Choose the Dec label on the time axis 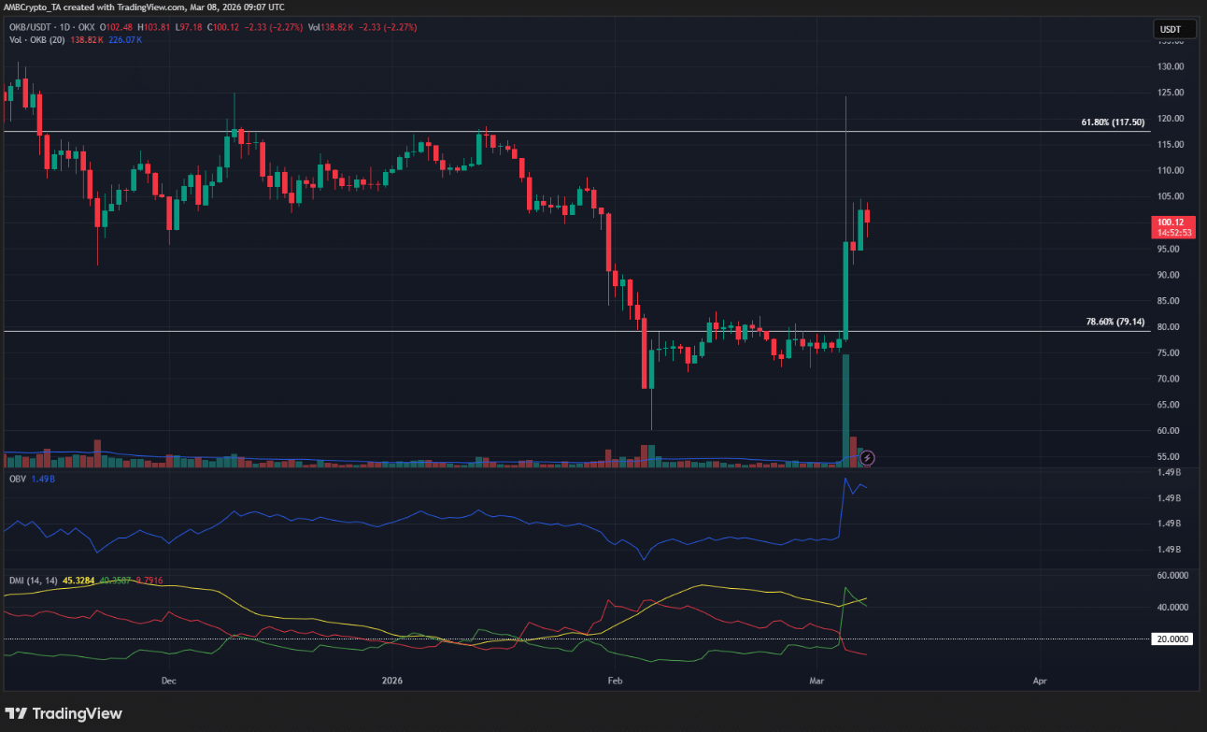pos(168,681)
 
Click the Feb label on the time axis pos(614,681)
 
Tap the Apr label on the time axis pos(1039,681)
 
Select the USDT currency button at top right pos(1171,30)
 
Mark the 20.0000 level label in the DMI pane pos(1174,639)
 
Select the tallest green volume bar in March pos(845,409)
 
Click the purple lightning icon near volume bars pos(867,457)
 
